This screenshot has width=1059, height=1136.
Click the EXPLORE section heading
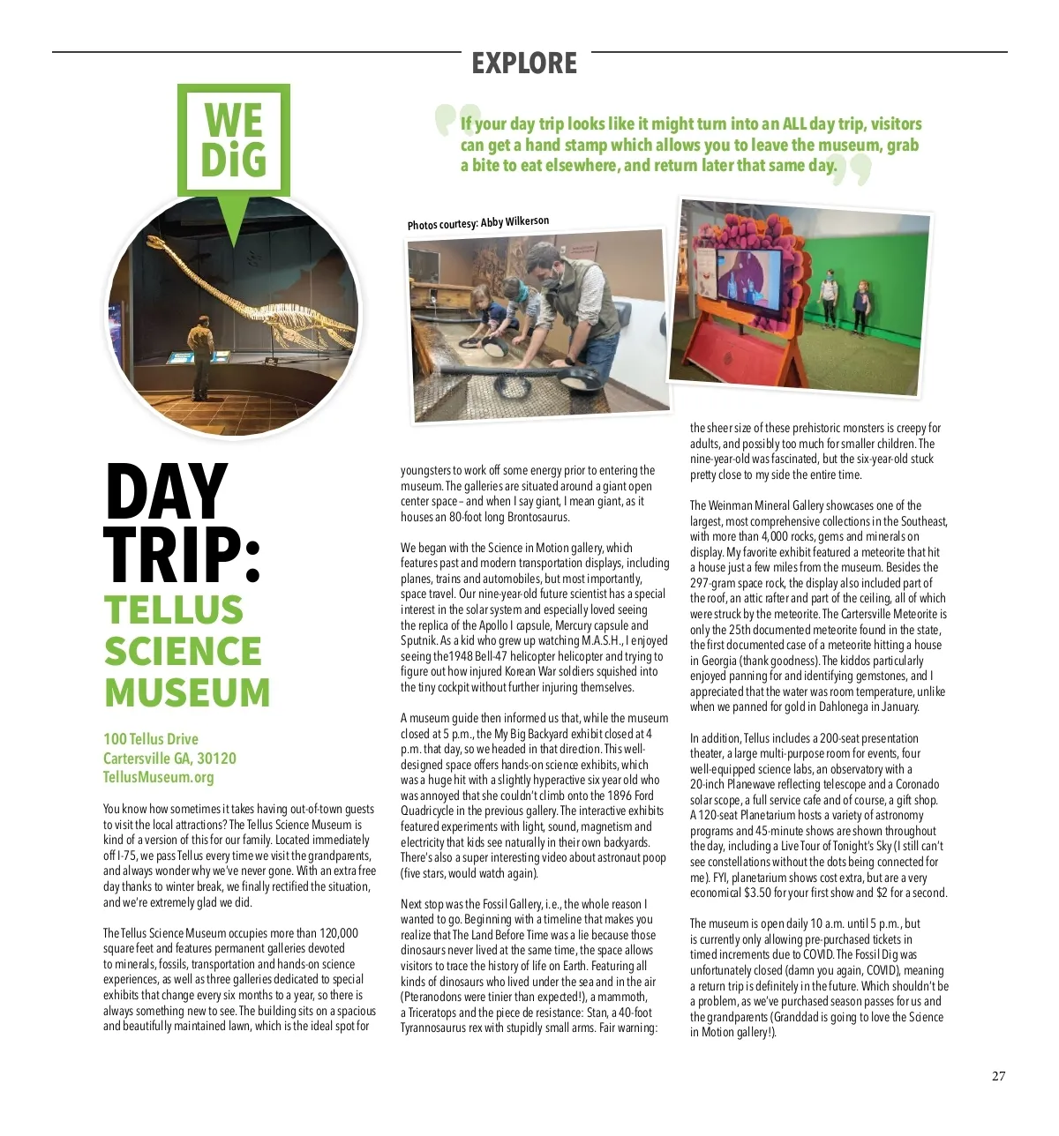point(524,64)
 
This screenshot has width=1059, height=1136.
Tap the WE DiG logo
point(234,140)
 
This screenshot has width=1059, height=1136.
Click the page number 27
point(998,1076)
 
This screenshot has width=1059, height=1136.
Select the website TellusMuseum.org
point(159,777)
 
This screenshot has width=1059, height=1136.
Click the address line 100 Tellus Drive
point(151,739)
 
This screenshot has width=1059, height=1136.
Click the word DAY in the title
point(167,492)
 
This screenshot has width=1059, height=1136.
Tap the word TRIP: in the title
point(183,556)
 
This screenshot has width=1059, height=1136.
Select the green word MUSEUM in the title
point(187,692)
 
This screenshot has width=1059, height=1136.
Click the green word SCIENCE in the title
point(183,651)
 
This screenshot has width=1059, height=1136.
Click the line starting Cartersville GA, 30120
point(169,759)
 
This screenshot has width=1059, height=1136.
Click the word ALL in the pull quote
point(794,124)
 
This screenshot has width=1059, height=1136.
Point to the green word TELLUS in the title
point(174,609)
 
